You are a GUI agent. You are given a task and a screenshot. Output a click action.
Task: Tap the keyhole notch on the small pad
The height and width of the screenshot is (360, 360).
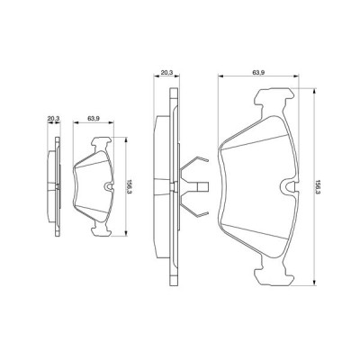(x=108, y=187)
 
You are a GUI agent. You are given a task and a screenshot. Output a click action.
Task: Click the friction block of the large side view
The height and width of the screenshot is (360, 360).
(x=160, y=187)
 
